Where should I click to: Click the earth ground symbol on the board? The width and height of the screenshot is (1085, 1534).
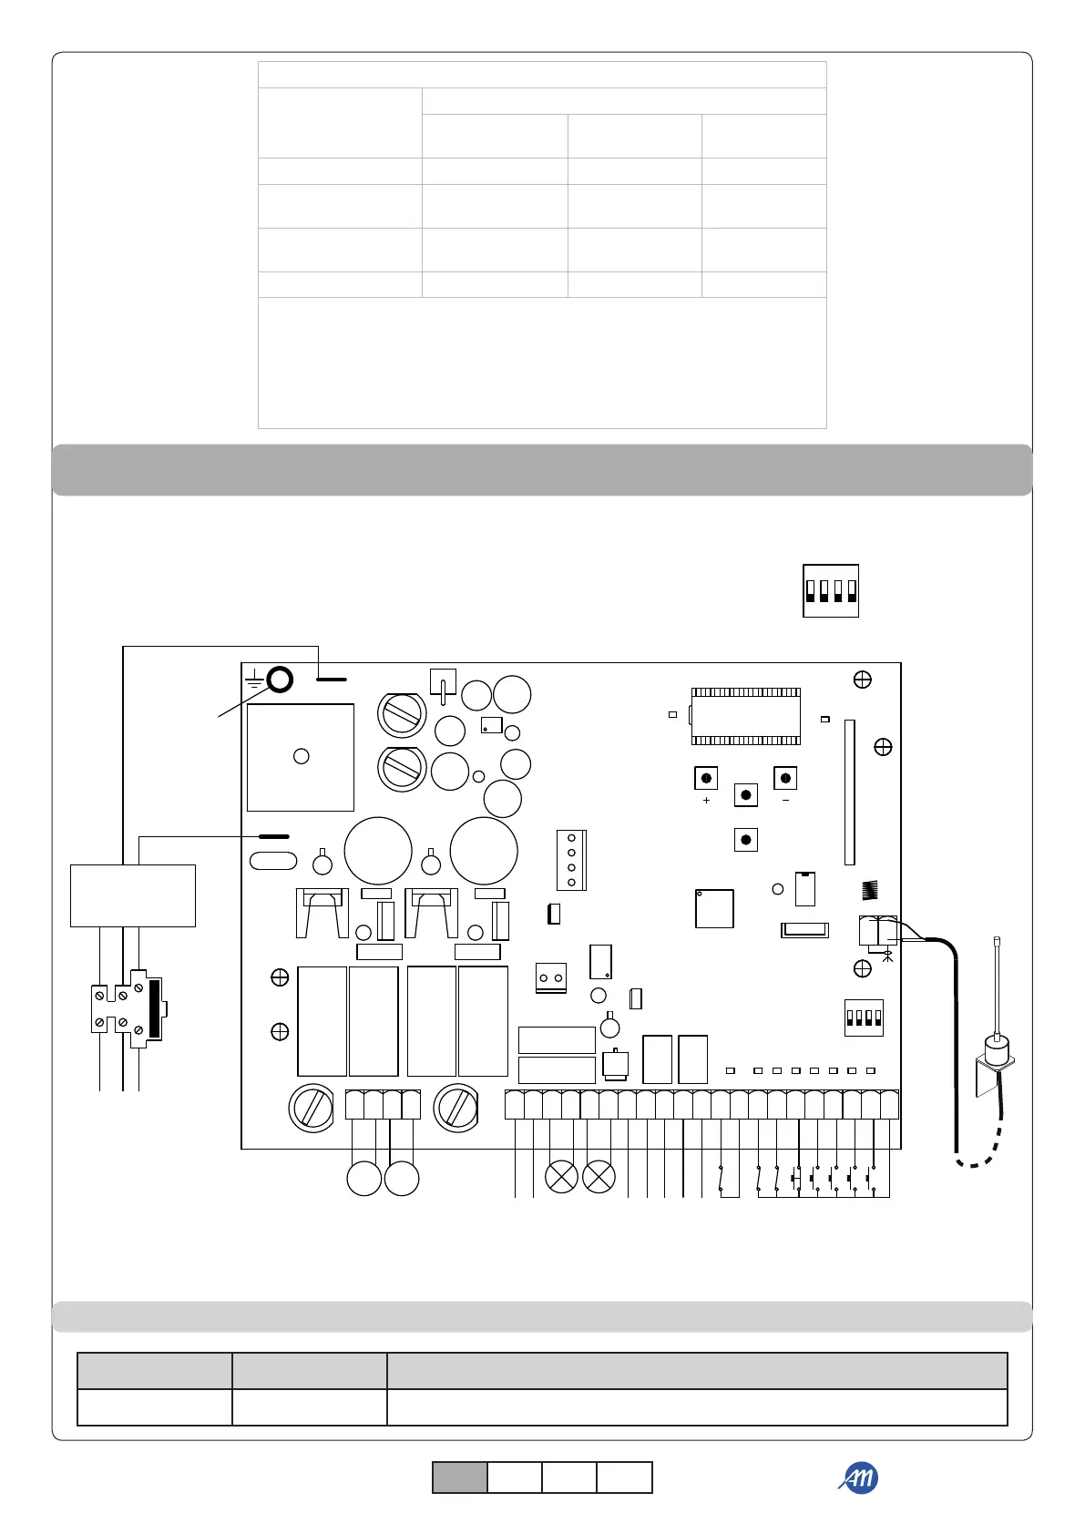(x=255, y=680)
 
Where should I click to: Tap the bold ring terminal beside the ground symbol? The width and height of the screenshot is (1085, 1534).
(x=280, y=679)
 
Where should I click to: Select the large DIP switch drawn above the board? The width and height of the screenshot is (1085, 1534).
(x=830, y=591)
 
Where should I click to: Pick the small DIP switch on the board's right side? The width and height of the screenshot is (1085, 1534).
(x=864, y=1018)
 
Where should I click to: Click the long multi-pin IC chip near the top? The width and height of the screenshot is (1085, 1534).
(x=745, y=716)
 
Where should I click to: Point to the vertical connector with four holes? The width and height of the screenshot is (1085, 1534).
(x=571, y=860)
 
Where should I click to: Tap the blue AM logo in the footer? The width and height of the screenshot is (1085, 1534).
(x=858, y=1478)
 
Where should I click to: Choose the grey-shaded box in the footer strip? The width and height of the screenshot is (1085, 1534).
(x=459, y=1478)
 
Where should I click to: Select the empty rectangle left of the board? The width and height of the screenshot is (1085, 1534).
(x=133, y=895)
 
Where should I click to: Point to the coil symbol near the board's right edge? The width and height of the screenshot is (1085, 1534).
(x=870, y=890)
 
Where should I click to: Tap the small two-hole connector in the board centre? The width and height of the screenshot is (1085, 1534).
(x=550, y=977)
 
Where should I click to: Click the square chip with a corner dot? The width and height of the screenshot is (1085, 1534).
(x=714, y=908)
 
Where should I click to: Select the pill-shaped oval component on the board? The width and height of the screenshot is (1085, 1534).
(x=273, y=861)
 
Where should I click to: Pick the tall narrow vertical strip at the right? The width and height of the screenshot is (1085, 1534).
(x=849, y=793)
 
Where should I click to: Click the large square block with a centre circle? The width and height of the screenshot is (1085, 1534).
(x=301, y=757)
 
